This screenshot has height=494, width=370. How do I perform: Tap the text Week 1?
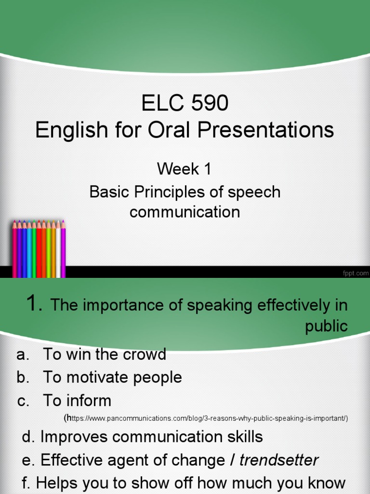(185, 169)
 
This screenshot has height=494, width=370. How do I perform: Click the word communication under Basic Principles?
(185, 212)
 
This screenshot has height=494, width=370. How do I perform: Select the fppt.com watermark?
(355, 273)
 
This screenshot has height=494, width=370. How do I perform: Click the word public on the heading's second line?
(326, 326)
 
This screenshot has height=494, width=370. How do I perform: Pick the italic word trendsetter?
(278, 460)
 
